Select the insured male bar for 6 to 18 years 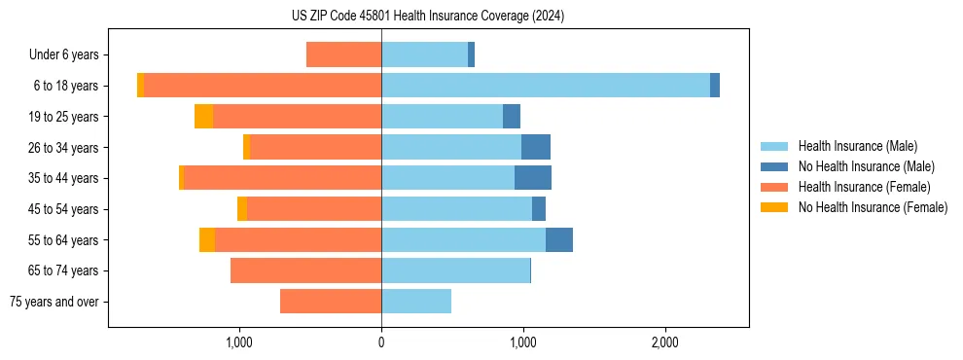(x=545, y=86)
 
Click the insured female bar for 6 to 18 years (x=263, y=86)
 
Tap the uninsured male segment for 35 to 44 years (x=533, y=178)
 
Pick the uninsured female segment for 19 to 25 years (x=203, y=117)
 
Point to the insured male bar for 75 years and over (x=416, y=302)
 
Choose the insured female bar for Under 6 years (x=343, y=54)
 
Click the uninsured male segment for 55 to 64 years (x=559, y=240)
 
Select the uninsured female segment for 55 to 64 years (x=207, y=240)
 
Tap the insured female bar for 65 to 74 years (x=305, y=270)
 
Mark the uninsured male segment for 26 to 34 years (x=536, y=148)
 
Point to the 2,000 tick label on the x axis (x=665, y=342)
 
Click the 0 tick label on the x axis (x=381, y=342)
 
